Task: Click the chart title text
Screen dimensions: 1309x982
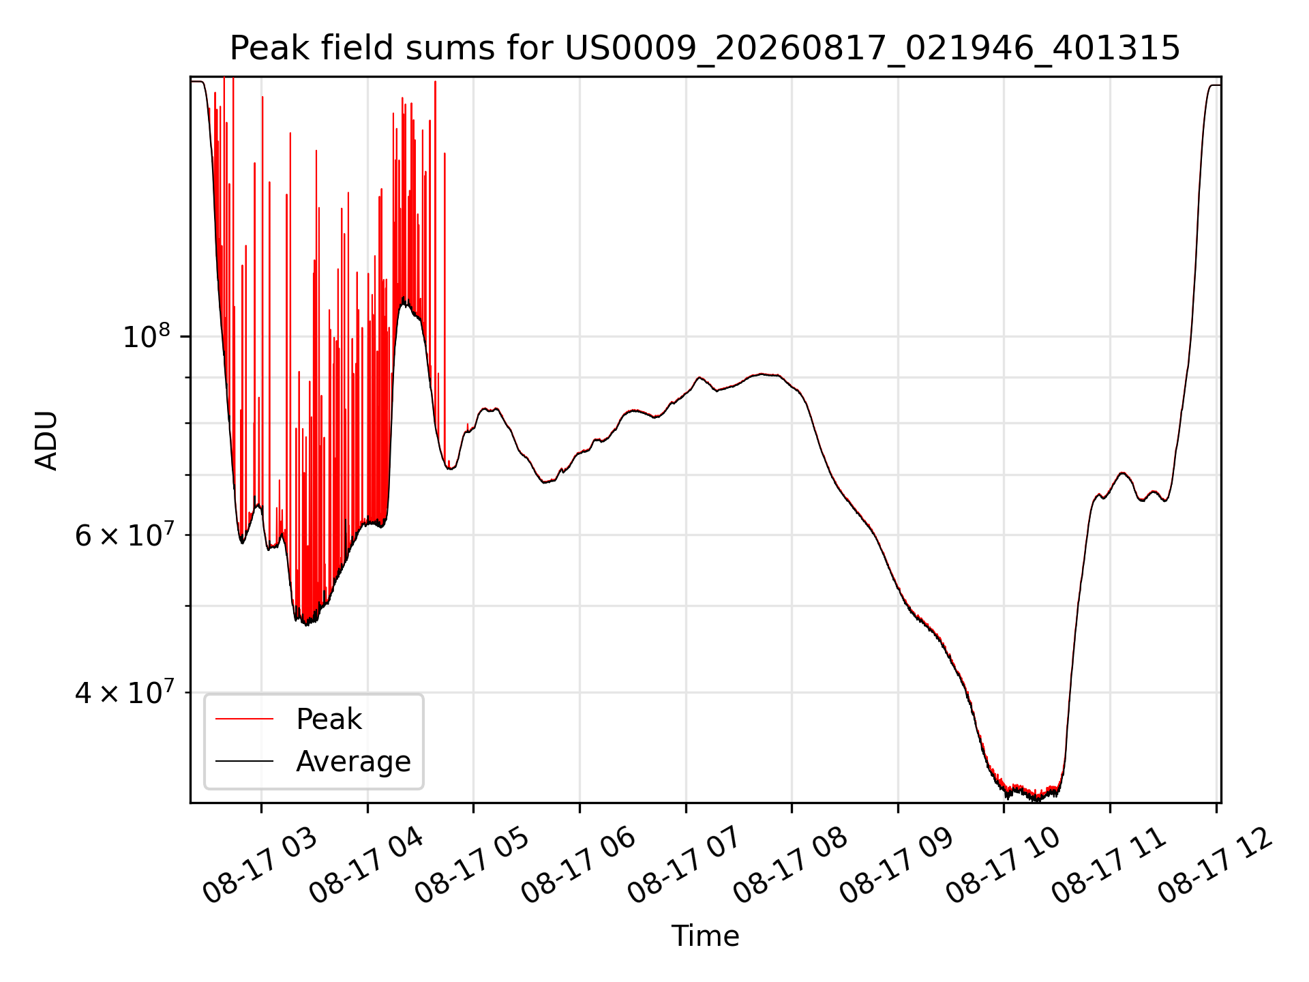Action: click(705, 48)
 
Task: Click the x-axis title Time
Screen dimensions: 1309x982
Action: click(705, 936)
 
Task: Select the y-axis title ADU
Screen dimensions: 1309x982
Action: click(46, 440)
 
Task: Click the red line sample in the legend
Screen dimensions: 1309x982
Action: click(245, 719)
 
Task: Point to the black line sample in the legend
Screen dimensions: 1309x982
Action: click(245, 761)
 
